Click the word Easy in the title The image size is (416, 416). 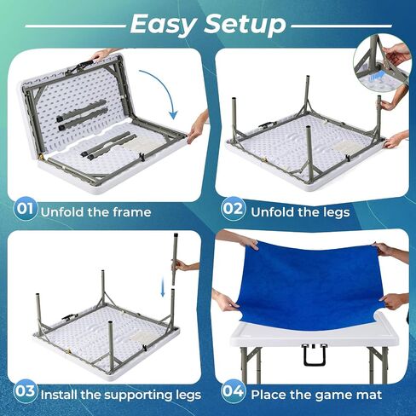click(164, 24)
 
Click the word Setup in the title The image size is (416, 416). click(245, 24)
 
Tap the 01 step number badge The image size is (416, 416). click(25, 209)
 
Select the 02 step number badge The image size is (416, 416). click(233, 209)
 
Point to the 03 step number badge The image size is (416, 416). click(25, 391)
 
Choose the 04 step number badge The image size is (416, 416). click(233, 391)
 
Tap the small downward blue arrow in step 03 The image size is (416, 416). click(163, 287)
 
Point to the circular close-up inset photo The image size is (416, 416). click(382, 63)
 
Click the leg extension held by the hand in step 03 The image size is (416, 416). click(175, 258)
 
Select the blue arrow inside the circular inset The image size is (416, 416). click(377, 76)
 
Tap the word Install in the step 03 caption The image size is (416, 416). click(59, 395)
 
